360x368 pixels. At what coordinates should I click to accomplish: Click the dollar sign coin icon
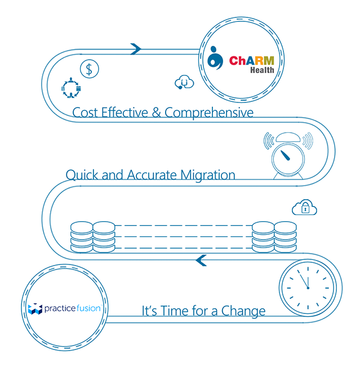pyautogui.click(x=89, y=69)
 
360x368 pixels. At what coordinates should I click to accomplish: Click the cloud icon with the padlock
pyautogui.click(x=304, y=208)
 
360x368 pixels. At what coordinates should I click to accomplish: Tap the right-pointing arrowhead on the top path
pyautogui.click(x=135, y=49)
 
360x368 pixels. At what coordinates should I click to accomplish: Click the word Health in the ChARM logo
pyautogui.click(x=263, y=70)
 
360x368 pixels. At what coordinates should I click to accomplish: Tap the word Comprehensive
pyautogui.click(x=209, y=113)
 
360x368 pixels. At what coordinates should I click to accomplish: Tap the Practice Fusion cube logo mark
pyautogui.click(x=35, y=309)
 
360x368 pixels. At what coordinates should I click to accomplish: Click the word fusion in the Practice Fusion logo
pyautogui.click(x=87, y=309)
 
